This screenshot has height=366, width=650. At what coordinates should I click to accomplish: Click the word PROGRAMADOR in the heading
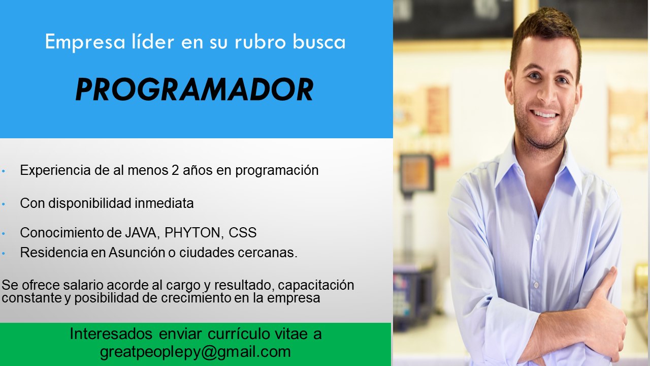pos(194,89)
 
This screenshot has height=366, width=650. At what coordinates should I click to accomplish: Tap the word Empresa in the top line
pos(85,42)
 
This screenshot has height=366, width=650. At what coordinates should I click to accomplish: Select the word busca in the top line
pos(319,42)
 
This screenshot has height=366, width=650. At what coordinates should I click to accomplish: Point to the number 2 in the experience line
pos(175,170)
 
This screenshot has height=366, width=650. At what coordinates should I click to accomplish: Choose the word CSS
pos(243,233)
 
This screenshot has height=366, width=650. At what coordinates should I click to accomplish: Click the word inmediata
pos(164,203)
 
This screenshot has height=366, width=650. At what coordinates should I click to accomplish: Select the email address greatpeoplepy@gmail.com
pos(196,352)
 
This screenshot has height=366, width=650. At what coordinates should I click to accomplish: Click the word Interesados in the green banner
pos(111,334)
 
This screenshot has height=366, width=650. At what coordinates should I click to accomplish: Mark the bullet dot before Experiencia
pos(4,171)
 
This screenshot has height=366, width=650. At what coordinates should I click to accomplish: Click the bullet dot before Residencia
pos(4,254)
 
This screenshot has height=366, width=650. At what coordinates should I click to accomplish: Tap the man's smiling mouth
pos(544,114)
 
